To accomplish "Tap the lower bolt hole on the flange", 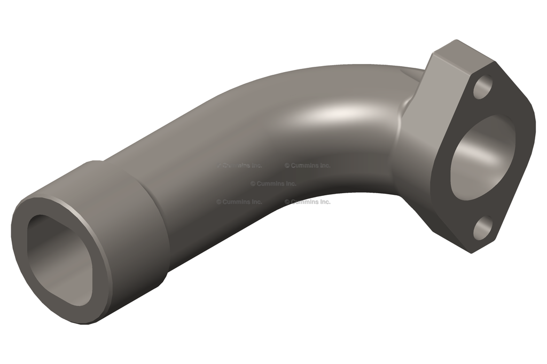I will point(482,228).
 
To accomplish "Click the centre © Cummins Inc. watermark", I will point(273,184).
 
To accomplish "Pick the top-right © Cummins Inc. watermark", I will point(307,165).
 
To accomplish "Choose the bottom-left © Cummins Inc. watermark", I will point(239,202).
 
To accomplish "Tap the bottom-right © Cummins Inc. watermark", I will point(307,202).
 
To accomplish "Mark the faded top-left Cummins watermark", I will point(239,165).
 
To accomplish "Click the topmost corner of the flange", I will point(455,41).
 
